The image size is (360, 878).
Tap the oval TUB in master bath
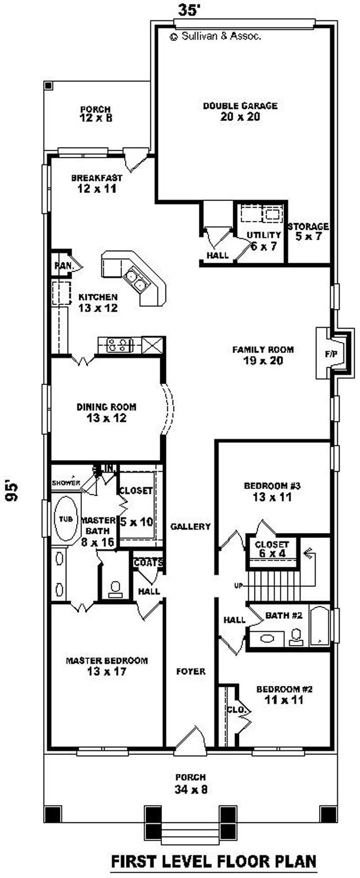tap(66, 519)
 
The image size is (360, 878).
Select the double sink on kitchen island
tap(135, 279)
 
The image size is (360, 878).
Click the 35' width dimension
tap(189, 10)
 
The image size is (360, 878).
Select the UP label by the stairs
tap(238, 586)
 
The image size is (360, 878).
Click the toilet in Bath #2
tap(296, 637)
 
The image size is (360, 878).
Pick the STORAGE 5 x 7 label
tap(308, 231)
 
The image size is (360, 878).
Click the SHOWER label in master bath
tap(66, 483)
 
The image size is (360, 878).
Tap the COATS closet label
tap(148, 563)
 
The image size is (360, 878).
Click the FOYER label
tap(191, 672)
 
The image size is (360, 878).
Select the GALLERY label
tap(190, 526)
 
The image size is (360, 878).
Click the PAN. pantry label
tap(64, 266)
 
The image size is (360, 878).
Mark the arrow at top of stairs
tap(308, 553)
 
